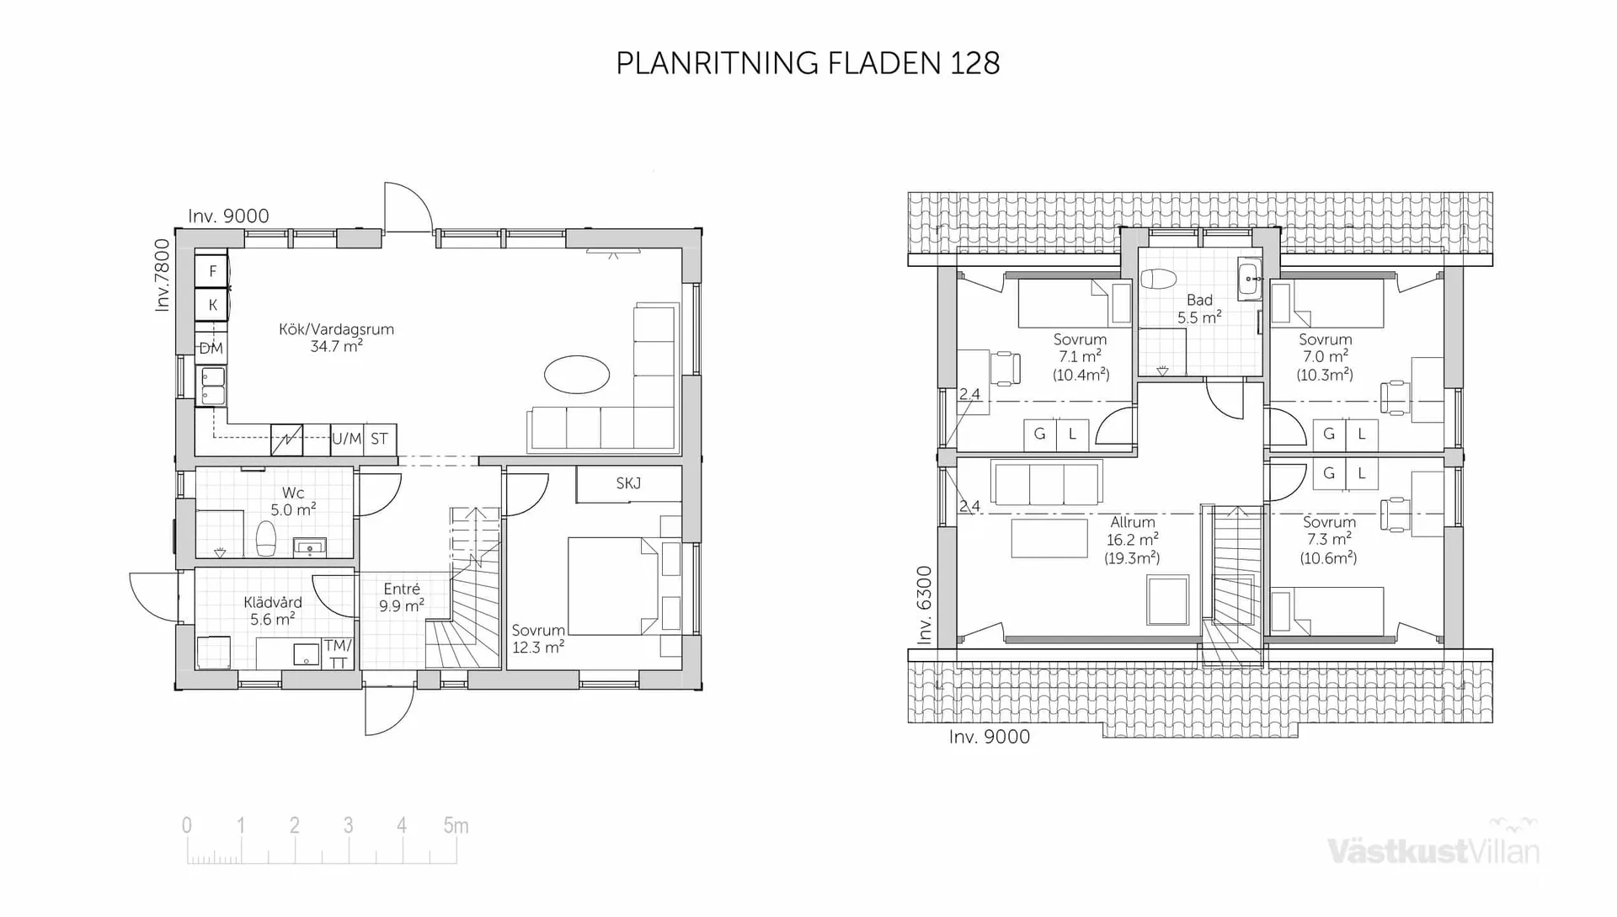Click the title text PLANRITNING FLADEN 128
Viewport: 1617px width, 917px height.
point(808,63)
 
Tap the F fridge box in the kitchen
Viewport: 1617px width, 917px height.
point(212,271)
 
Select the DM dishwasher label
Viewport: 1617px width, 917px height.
point(211,348)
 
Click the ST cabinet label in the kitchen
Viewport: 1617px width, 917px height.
point(380,439)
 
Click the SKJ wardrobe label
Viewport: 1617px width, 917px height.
point(628,483)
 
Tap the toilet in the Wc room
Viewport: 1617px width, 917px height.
point(265,538)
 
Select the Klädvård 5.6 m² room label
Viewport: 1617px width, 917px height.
point(272,610)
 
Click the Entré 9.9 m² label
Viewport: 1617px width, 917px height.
point(401,597)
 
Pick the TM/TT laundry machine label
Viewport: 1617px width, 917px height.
point(338,653)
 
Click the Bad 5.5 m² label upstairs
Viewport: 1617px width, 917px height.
point(1199,308)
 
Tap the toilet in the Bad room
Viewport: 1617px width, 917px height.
point(1161,280)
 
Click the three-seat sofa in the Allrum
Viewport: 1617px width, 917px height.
point(1047,483)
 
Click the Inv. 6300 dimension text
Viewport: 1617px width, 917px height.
point(925,605)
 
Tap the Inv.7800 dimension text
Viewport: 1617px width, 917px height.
point(162,275)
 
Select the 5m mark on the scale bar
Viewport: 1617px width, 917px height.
point(456,826)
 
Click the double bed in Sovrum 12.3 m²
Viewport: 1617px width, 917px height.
point(612,586)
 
